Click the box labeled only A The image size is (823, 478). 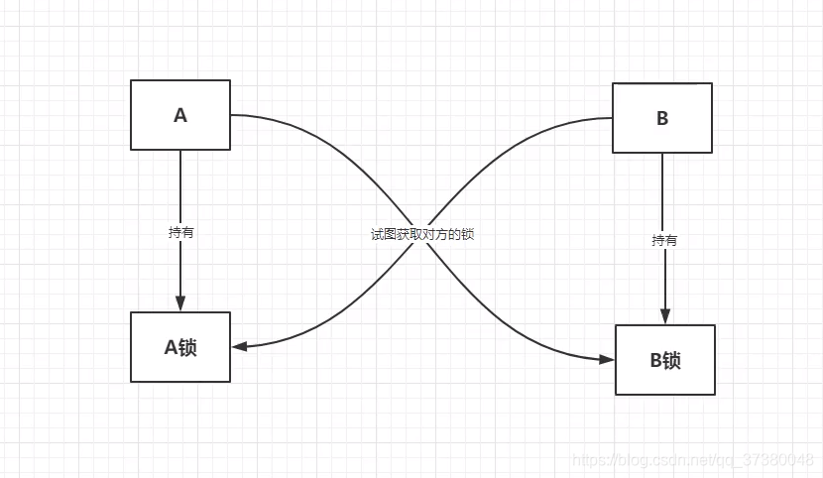180,115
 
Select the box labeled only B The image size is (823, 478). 662,118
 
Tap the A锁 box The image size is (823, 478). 180,347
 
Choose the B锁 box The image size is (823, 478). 665,360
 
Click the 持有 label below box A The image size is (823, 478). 180,233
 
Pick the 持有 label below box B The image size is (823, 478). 663,240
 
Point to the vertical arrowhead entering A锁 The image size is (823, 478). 180,301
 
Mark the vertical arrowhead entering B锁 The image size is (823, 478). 663,314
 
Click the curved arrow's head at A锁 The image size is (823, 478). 240,346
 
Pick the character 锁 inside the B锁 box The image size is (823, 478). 672,360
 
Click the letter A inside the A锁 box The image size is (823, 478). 170,347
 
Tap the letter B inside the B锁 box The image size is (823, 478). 655,360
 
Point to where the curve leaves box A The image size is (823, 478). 233,115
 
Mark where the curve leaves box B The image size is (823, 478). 610,118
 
